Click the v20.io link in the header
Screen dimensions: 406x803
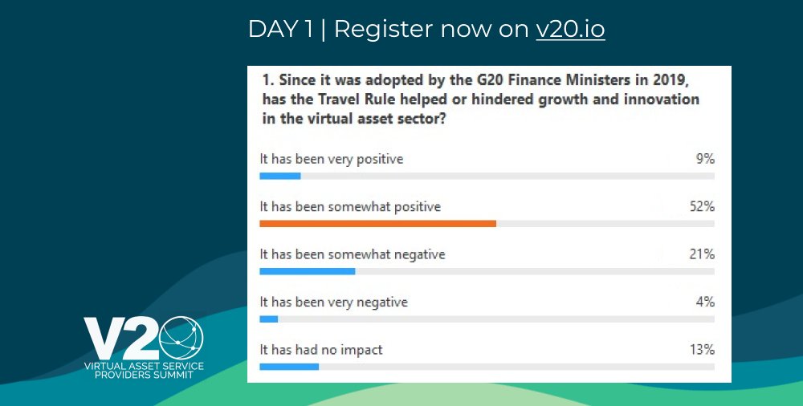[x=570, y=30]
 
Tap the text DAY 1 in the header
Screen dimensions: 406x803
[x=280, y=30]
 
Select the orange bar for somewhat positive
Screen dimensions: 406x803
[x=377, y=223]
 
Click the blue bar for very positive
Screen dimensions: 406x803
[x=279, y=176]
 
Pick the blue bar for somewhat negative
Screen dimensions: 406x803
[x=307, y=271]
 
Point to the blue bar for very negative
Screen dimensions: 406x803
[x=268, y=319]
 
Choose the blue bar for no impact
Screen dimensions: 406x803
[x=289, y=367]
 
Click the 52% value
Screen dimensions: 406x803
[x=700, y=207]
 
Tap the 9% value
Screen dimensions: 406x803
[x=705, y=159]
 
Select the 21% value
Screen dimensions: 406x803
[x=701, y=254]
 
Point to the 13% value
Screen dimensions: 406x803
[x=701, y=350]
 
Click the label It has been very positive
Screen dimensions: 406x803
[x=331, y=159]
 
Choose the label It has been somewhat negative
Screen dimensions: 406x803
[x=352, y=254]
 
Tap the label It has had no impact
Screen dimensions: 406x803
[x=320, y=350]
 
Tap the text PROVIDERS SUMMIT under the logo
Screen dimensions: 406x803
[x=144, y=375]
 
